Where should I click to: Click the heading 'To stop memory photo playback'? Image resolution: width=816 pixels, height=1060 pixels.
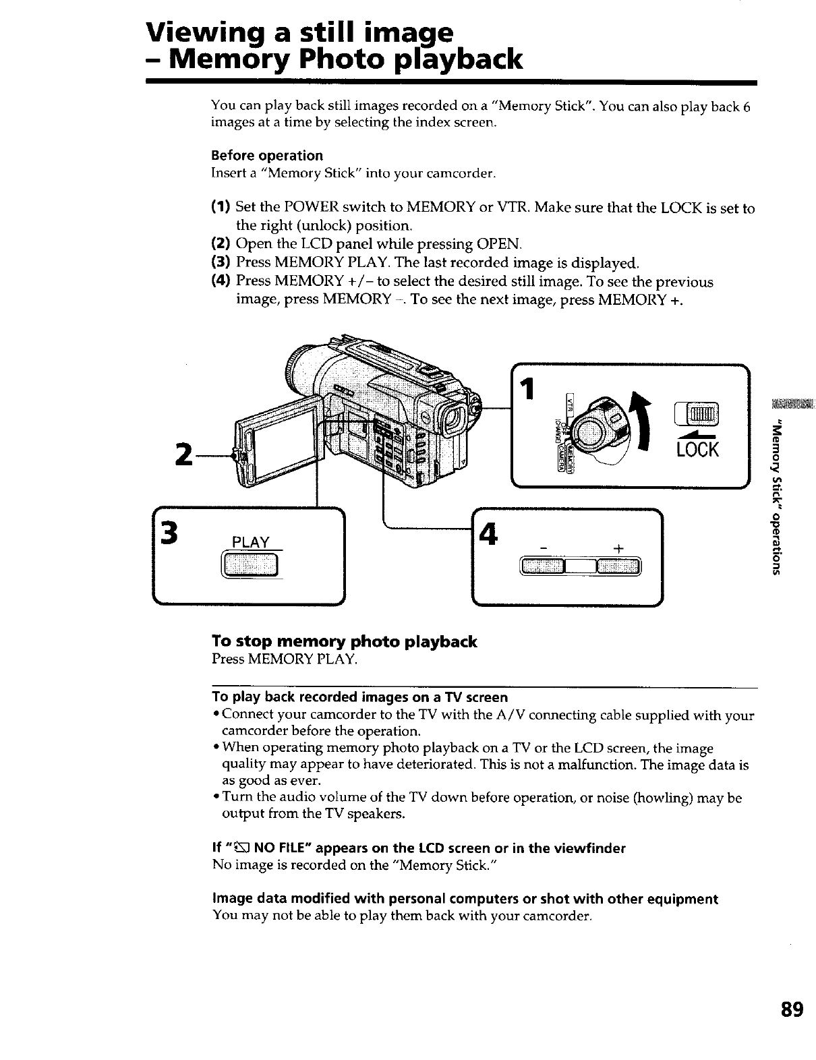coord(344,641)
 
